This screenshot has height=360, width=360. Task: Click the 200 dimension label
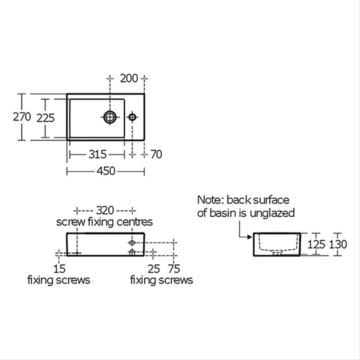point(129,79)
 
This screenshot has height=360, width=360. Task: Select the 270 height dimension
point(22,117)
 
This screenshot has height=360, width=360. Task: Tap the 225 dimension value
point(46,118)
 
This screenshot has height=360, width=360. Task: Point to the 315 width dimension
point(98,154)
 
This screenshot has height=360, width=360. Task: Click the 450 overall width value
point(106,171)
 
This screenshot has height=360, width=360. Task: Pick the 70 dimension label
point(156,154)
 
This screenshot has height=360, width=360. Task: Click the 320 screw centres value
point(105,210)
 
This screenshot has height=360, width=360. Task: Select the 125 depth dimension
point(316,244)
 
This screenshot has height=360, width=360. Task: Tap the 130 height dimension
point(338,244)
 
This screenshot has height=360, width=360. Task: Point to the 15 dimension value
point(59,269)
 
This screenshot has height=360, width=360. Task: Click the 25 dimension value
point(154,269)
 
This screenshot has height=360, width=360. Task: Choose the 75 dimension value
point(174,269)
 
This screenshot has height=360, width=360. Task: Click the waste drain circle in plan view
point(110,117)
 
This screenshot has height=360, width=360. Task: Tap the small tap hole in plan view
point(132,117)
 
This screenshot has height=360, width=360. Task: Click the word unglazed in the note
point(272,213)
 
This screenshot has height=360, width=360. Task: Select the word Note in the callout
point(209,200)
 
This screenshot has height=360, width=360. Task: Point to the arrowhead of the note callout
point(250,237)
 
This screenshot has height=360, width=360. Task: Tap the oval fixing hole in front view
point(132,242)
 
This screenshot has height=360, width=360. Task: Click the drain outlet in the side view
point(277,253)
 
